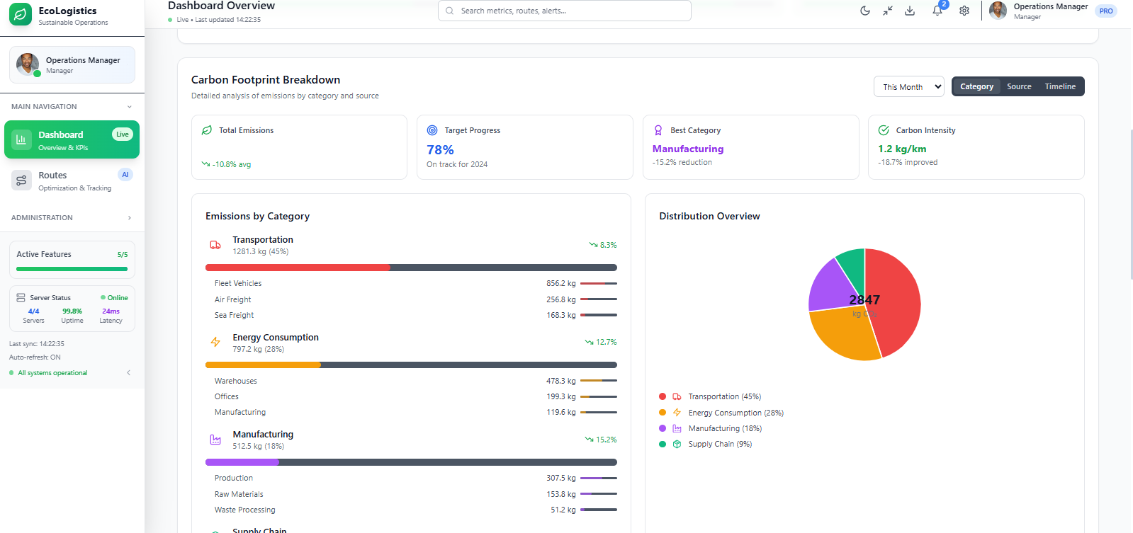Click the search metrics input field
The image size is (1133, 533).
(565, 11)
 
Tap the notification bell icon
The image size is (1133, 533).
(937, 11)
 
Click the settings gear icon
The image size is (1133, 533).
(964, 11)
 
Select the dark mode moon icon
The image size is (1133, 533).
(865, 11)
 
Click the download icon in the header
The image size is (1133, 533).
(910, 11)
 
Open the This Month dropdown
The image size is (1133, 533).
(909, 86)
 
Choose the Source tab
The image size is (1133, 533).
(1019, 86)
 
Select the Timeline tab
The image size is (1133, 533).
(1060, 86)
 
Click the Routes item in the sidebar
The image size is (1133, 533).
(72, 181)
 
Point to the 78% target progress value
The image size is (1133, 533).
(440, 150)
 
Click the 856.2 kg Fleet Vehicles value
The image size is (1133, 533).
(561, 283)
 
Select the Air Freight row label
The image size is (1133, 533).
(232, 299)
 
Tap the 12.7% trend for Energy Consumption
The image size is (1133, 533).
(601, 342)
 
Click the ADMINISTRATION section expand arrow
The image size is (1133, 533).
(130, 218)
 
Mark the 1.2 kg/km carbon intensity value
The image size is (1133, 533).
(902, 149)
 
